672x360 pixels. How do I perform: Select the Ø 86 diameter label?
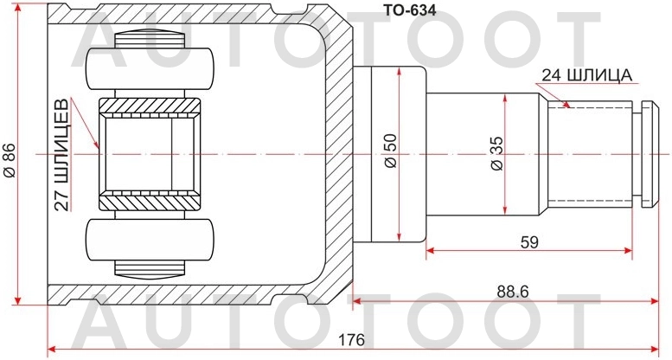click(10, 159)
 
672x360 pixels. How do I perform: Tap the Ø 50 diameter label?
click(389, 151)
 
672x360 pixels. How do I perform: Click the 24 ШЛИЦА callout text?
click(588, 75)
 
